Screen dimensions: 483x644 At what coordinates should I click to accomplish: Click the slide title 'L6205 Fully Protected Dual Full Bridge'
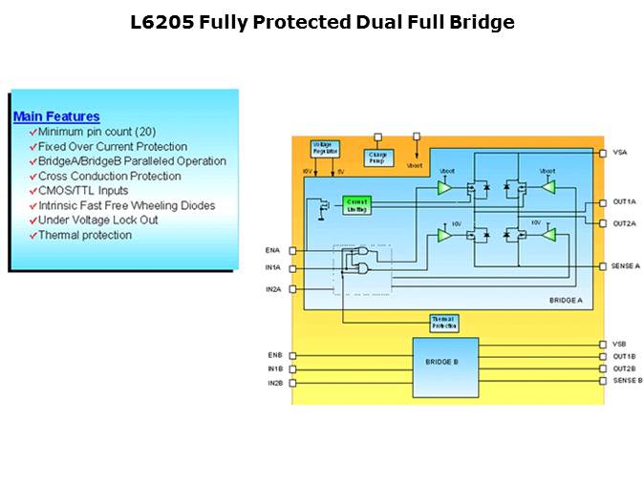pyautogui.click(x=322, y=22)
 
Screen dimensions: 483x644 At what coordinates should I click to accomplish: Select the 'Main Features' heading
pyautogui.click(x=56, y=116)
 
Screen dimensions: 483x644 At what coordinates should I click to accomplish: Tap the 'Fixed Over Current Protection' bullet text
pyautogui.click(x=113, y=146)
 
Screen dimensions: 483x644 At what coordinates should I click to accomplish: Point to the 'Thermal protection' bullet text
pyautogui.click(x=85, y=235)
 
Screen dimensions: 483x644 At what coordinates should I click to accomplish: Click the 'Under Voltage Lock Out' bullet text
pyautogui.click(x=97, y=220)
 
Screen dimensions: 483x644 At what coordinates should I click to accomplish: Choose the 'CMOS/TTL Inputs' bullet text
pyautogui.click(x=83, y=191)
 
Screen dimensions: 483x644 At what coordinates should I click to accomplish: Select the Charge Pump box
pyautogui.click(x=378, y=157)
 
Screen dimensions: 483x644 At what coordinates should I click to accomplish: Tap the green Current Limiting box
pyautogui.click(x=357, y=203)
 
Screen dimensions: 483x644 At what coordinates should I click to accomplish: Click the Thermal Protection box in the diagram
pyautogui.click(x=444, y=323)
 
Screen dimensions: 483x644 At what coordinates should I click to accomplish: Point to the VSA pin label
pyautogui.click(x=619, y=152)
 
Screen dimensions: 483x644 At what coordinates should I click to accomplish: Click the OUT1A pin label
pyautogui.click(x=624, y=202)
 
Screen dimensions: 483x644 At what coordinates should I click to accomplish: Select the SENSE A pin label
pyautogui.click(x=625, y=265)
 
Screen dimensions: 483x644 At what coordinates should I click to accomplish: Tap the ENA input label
pyautogui.click(x=273, y=250)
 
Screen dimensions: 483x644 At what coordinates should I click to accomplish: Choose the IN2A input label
pyautogui.click(x=273, y=287)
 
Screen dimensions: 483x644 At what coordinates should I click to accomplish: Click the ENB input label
pyautogui.click(x=274, y=355)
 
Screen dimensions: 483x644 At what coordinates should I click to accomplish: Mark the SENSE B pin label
pyautogui.click(x=626, y=381)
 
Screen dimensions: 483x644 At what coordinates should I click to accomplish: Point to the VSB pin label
pyautogui.click(x=619, y=344)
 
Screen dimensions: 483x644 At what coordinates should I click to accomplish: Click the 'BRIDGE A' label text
pyautogui.click(x=566, y=301)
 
